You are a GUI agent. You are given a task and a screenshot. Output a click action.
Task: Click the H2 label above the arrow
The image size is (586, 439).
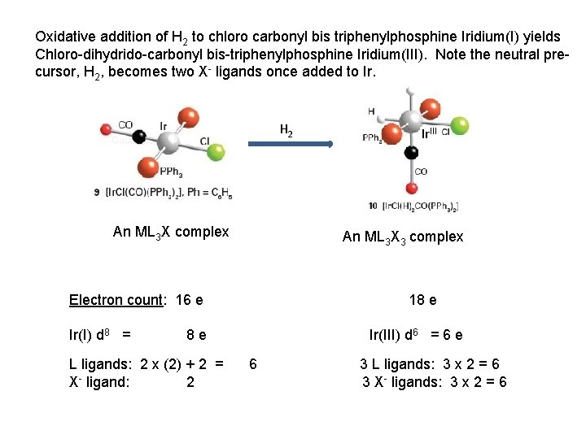coord(287,129)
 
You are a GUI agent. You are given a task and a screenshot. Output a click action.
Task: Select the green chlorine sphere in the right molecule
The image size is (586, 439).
coord(460,126)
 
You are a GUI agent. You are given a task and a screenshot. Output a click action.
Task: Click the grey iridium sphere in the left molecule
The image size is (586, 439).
coord(168,142)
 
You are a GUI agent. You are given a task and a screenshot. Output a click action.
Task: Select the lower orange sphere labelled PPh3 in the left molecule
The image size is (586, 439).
coord(147,167)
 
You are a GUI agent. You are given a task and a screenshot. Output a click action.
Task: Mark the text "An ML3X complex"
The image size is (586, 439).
coord(171,232)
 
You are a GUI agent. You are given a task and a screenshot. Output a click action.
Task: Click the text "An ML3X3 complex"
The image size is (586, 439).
coord(403,237)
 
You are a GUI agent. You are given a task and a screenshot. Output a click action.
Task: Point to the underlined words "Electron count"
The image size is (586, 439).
coord(116,300)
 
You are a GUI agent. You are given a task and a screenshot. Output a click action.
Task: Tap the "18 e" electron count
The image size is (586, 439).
coord(422,300)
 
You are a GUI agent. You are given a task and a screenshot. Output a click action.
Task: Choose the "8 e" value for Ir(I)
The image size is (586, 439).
coord(195,334)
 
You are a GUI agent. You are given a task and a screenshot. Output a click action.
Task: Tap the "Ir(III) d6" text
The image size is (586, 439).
coord(394,334)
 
